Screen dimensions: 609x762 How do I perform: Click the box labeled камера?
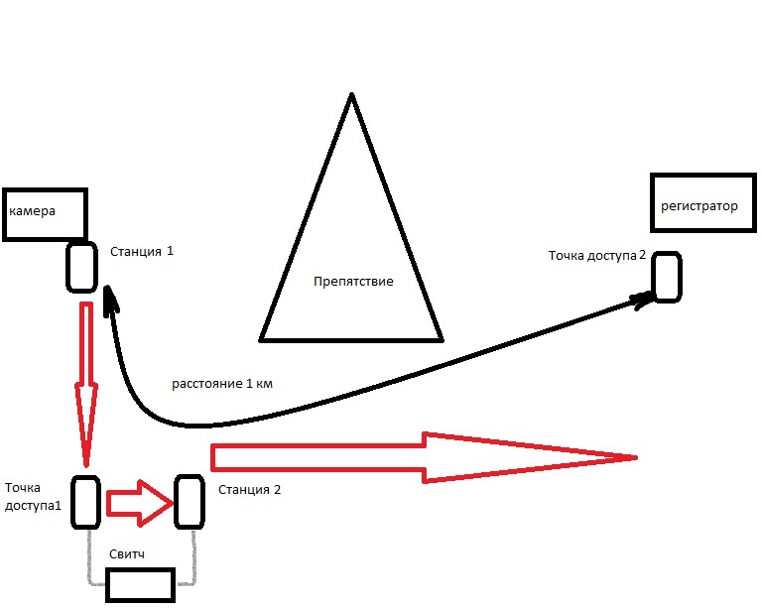(46, 215)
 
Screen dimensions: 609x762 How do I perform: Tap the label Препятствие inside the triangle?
(353, 282)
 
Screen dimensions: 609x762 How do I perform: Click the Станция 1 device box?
(81, 267)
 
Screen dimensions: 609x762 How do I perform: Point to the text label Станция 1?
(142, 252)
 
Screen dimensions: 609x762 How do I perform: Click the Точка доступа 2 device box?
(666, 277)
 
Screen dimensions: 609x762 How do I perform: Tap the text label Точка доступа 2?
(597, 256)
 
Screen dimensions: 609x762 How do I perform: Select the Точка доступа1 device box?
(85, 502)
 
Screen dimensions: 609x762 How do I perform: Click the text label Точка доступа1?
(32, 496)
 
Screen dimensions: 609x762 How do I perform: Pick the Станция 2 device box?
(190, 502)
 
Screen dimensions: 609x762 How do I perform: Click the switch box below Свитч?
(141, 585)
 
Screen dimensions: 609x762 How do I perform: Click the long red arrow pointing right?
(417, 457)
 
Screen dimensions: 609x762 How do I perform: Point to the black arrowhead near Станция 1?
(108, 295)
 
